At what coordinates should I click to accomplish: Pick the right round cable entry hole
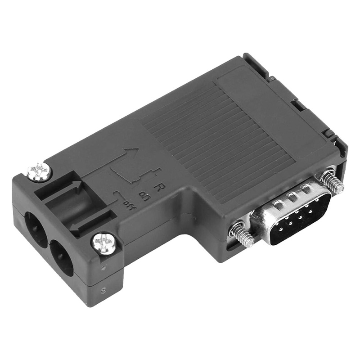[61, 257]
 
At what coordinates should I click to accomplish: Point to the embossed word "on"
[145, 196]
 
